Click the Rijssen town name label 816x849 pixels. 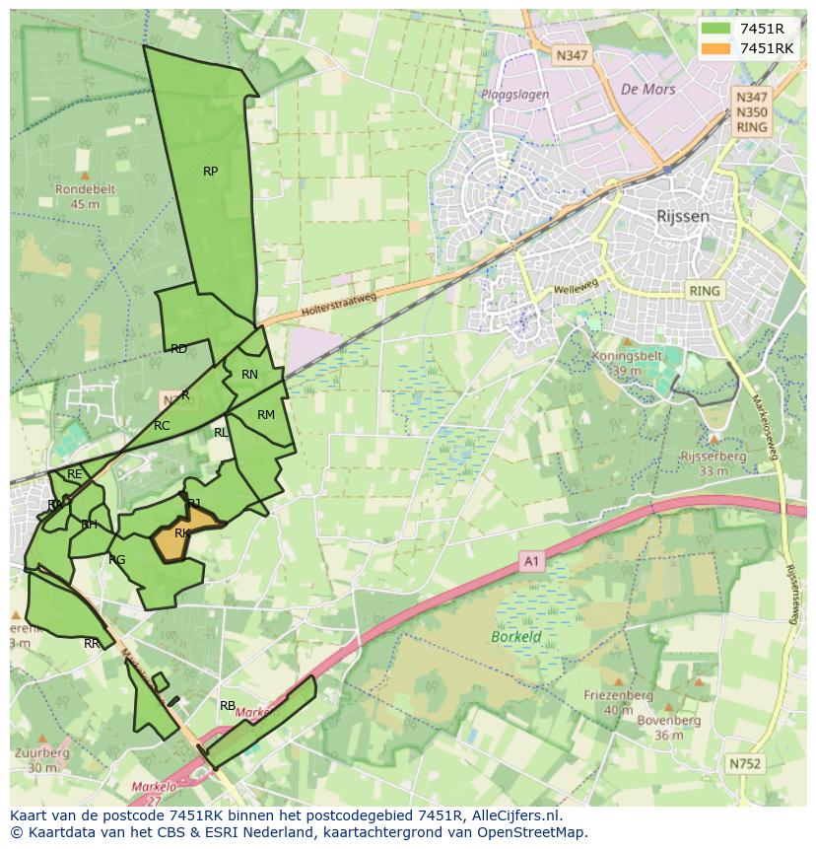click(x=683, y=216)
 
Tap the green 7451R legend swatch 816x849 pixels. click(x=716, y=29)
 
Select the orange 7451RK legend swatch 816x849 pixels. click(x=716, y=48)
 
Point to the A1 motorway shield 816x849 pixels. click(x=532, y=562)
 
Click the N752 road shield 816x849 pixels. click(x=745, y=763)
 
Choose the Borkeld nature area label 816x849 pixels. click(x=516, y=637)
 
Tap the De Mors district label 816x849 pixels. click(x=647, y=89)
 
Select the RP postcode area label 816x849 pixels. click(x=210, y=172)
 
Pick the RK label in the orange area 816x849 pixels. click(x=181, y=533)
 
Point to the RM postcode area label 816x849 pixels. click(x=265, y=415)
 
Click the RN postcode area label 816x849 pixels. click(x=249, y=375)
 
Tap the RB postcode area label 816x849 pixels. click(x=228, y=706)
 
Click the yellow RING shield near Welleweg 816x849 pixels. click(x=705, y=291)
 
